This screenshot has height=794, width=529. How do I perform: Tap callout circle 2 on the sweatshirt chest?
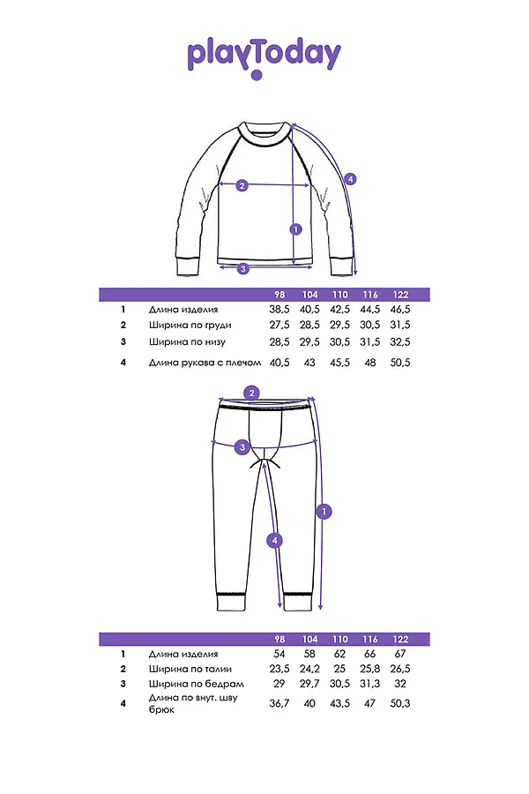(242, 185)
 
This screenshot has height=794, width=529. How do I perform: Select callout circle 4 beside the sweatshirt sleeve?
(350, 178)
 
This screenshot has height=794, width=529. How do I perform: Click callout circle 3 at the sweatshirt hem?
(243, 268)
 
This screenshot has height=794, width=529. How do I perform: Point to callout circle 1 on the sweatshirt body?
(295, 229)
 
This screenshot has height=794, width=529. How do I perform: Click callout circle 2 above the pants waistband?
(252, 393)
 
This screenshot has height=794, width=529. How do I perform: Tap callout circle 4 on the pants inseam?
(275, 540)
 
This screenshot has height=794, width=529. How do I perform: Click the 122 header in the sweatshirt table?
(400, 295)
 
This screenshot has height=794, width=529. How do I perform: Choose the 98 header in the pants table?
(279, 639)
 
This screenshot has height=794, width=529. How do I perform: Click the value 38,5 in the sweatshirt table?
(279, 311)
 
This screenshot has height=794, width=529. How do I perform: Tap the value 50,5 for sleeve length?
(400, 363)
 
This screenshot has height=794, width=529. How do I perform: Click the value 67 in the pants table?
(400, 654)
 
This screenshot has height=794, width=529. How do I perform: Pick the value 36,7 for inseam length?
(279, 703)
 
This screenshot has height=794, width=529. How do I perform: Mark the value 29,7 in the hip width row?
(309, 684)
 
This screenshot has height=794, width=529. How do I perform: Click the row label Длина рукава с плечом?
(205, 363)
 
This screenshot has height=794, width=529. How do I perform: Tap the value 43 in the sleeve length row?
(309, 363)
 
